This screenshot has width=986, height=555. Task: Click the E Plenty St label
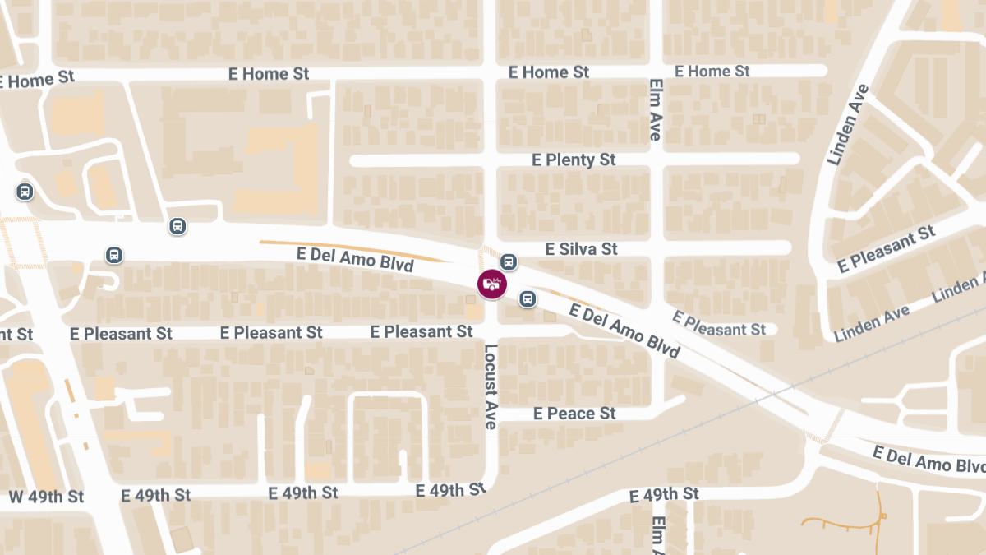point(574,160)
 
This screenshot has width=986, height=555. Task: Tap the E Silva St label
point(581,249)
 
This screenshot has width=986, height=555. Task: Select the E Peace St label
point(574,414)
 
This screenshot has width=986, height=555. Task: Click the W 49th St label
point(46,497)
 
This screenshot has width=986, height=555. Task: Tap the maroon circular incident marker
point(492,284)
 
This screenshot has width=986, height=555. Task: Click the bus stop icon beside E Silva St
point(509,262)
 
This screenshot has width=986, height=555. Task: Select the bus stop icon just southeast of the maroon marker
point(527,298)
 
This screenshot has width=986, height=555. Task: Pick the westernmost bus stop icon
point(25,192)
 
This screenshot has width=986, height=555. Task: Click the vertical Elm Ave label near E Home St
point(655,109)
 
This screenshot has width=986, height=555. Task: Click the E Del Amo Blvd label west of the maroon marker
point(355,260)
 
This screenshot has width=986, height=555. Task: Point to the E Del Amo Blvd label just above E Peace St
point(624,331)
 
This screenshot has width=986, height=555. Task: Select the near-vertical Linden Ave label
point(848,124)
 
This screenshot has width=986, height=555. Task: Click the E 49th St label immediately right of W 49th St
point(155,495)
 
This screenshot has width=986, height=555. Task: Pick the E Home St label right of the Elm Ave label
point(712,72)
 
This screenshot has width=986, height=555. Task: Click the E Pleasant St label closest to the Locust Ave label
point(422,331)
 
